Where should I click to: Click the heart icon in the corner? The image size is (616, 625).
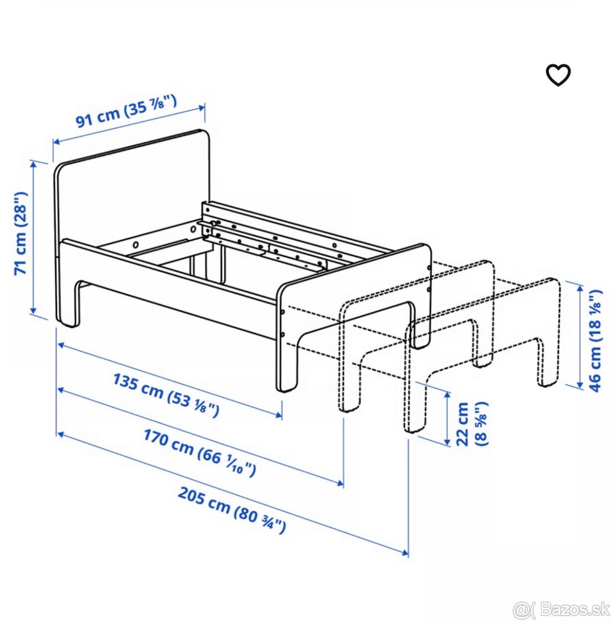[558, 75]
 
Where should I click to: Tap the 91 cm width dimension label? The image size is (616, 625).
[126, 111]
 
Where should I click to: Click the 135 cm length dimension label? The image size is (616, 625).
[166, 394]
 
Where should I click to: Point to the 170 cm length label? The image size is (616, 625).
[199, 452]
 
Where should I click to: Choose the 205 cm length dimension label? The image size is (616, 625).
[232, 509]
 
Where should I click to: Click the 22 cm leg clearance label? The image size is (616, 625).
[472, 422]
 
